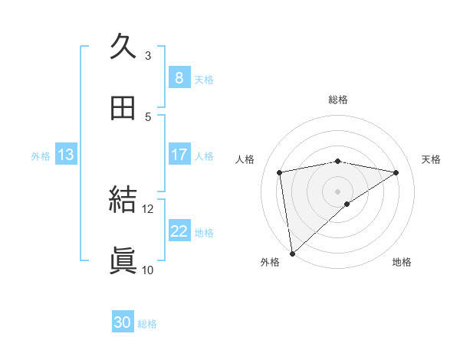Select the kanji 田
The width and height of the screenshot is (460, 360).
click(x=123, y=108)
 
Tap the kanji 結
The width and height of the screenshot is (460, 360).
click(x=123, y=200)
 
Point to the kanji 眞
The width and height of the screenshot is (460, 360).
click(x=123, y=260)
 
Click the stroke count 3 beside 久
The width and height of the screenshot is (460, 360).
click(x=148, y=55)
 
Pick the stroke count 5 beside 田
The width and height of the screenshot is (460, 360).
click(x=148, y=116)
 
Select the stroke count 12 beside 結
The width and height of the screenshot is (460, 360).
click(x=148, y=208)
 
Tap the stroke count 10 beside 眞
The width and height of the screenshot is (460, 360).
click(x=148, y=270)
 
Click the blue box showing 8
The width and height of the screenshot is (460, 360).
click(x=179, y=77)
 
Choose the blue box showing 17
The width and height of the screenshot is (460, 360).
click(x=179, y=155)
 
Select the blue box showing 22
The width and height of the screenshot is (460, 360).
click(x=179, y=231)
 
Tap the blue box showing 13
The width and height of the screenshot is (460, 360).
click(x=66, y=155)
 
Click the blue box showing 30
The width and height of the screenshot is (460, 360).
click(x=123, y=322)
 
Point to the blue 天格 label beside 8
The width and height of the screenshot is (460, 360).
click(x=204, y=79)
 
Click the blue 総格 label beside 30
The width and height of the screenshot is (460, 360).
click(x=147, y=324)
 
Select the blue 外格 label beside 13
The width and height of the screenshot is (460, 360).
click(x=41, y=156)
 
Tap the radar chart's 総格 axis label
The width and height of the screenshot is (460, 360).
click(x=338, y=100)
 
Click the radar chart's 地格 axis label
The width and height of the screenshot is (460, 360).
click(x=402, y=262)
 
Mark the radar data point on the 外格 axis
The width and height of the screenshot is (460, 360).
click(x=291, y=253)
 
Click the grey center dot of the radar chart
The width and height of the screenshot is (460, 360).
click(x=338, y=190)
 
